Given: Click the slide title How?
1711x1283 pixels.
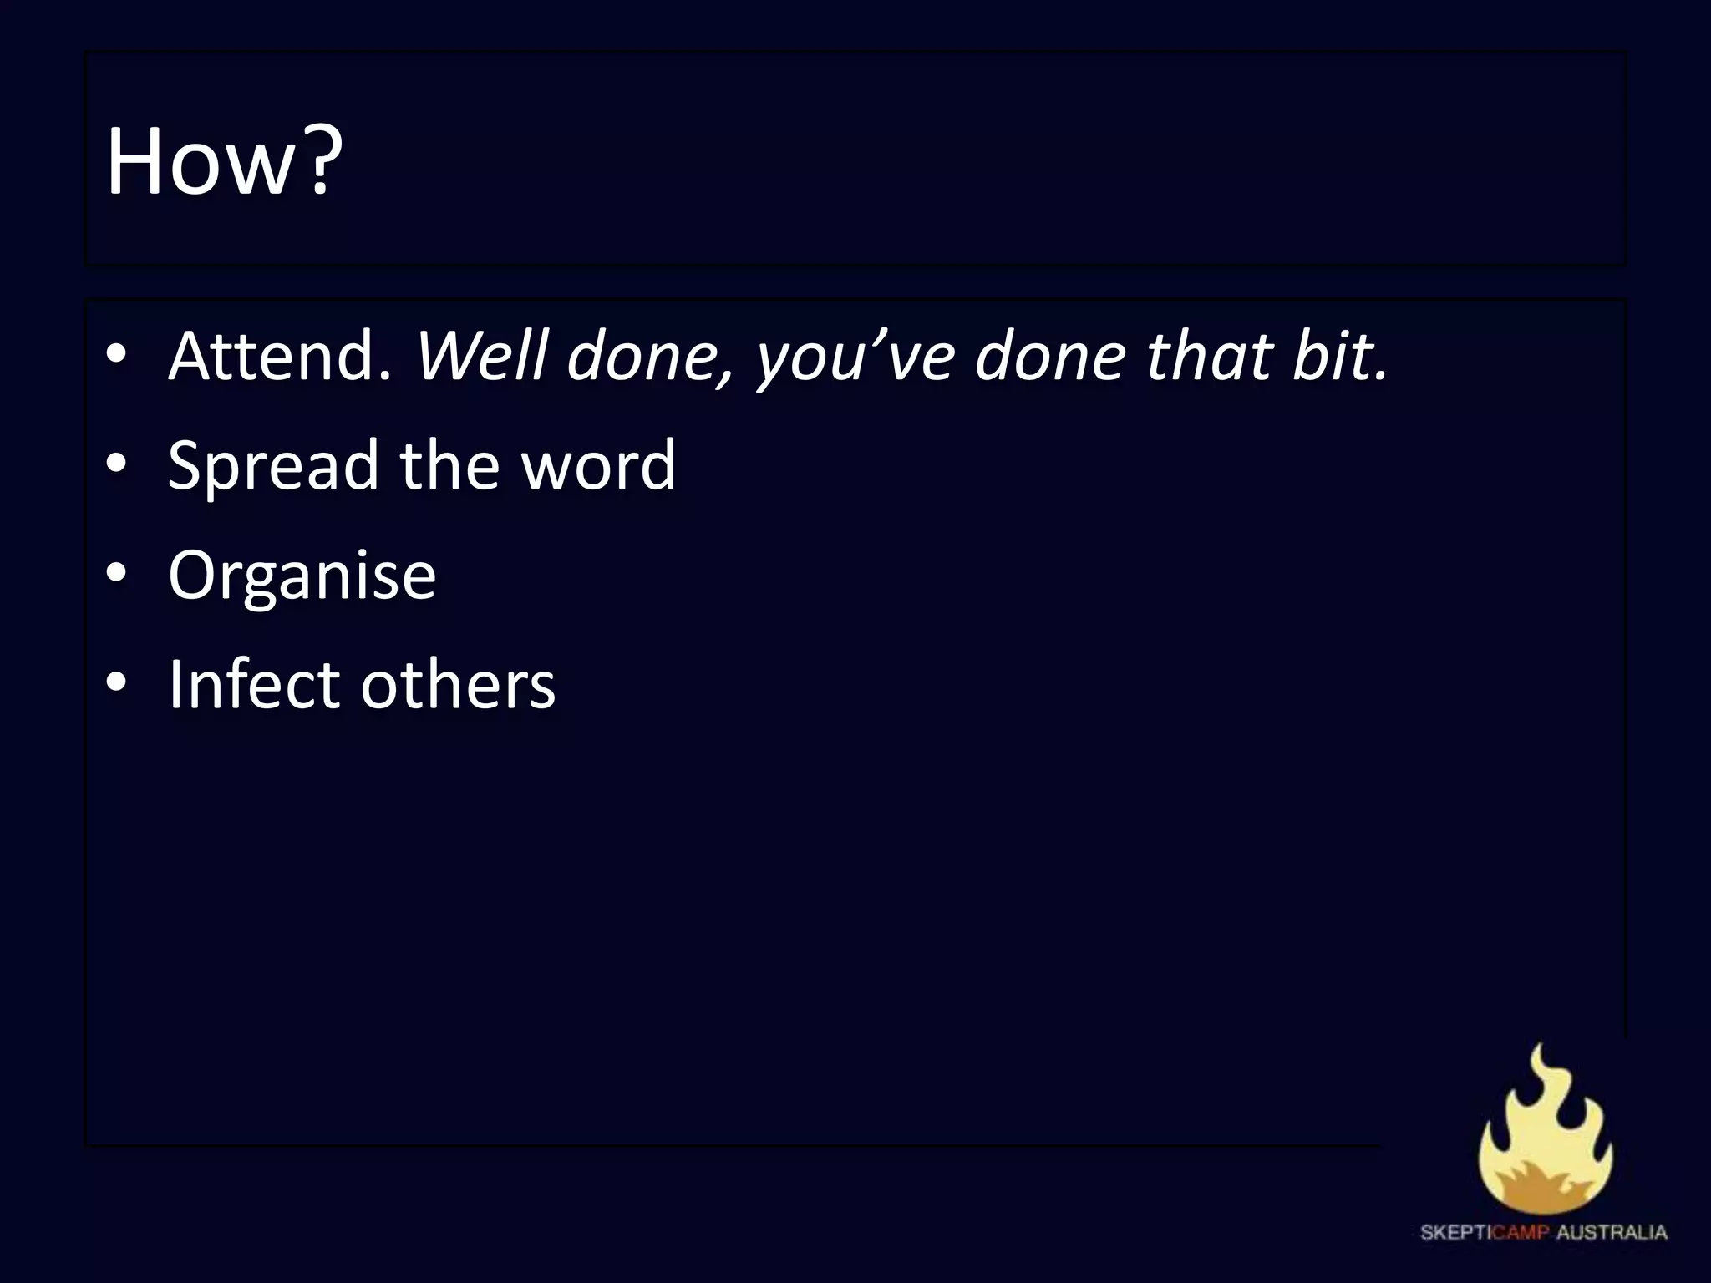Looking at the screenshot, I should [x=224, y=161].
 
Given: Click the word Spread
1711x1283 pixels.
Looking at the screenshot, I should [x=273, y=466].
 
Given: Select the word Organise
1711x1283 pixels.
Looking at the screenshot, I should [x=302, y=575].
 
